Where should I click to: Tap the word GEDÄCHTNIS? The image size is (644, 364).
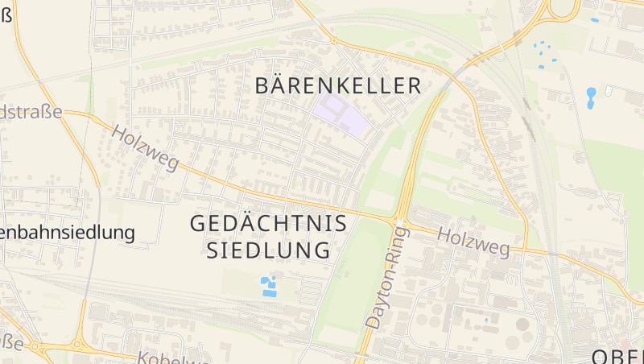click(268, 224)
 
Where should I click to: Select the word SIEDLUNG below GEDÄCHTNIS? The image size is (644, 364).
click(268, 250)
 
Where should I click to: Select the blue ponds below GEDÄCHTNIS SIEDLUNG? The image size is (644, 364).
click(268, 286)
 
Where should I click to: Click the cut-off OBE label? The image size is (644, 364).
click(617, 357)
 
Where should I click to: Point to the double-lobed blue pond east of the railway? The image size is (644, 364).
click(592, 97)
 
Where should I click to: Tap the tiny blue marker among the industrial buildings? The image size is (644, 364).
click(486, 320)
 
